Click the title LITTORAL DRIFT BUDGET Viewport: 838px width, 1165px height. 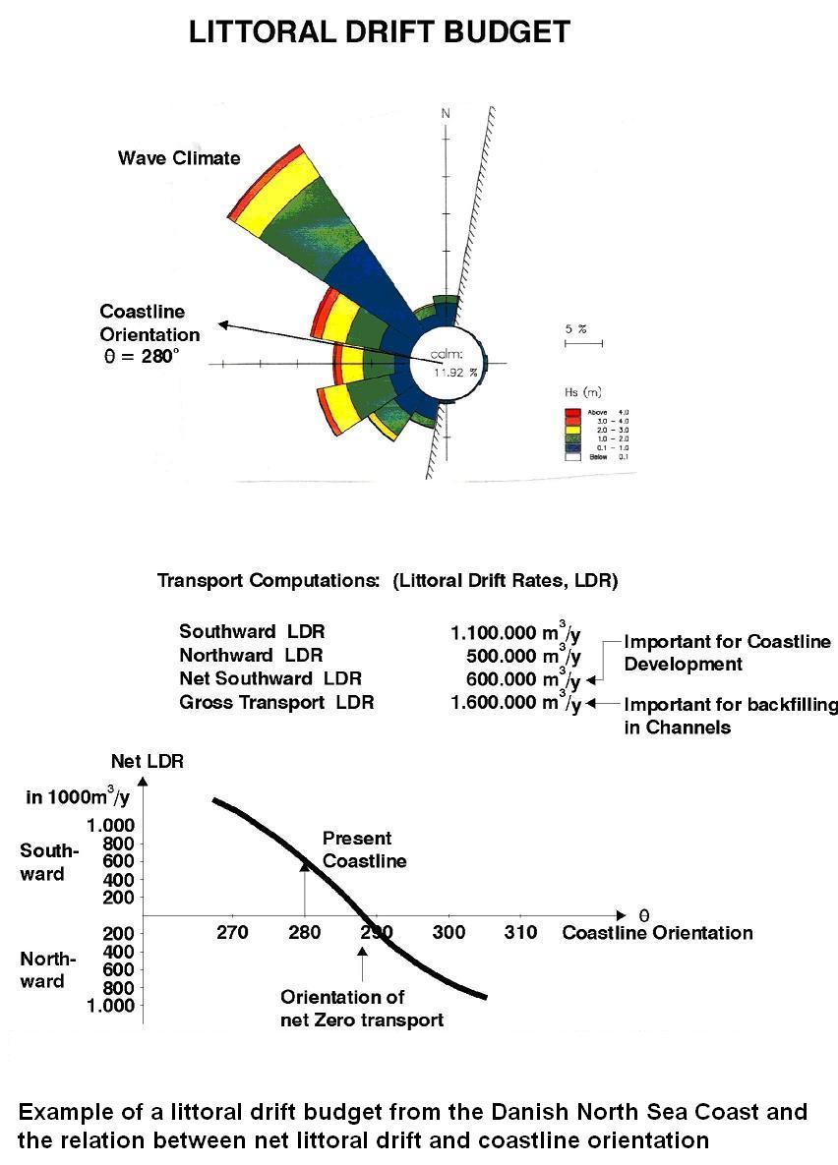pos(379,32)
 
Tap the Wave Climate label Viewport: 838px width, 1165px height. pos(179,158)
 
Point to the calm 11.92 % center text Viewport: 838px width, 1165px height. pos(455,363)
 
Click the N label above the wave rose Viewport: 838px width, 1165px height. pos(446,114)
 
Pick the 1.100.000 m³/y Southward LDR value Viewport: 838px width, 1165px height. pos(514,633)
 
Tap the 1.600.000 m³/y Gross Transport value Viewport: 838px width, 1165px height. pos(514,702)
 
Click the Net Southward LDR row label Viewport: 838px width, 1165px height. pos(270,679)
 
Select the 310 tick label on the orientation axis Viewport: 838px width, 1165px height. pos(520,933)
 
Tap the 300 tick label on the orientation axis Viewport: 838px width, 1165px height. pos(449,933)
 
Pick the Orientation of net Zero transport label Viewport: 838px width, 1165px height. pos(362,1008)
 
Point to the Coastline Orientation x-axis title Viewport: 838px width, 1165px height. pos(657,933)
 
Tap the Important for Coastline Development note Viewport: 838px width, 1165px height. pos(727,653)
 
